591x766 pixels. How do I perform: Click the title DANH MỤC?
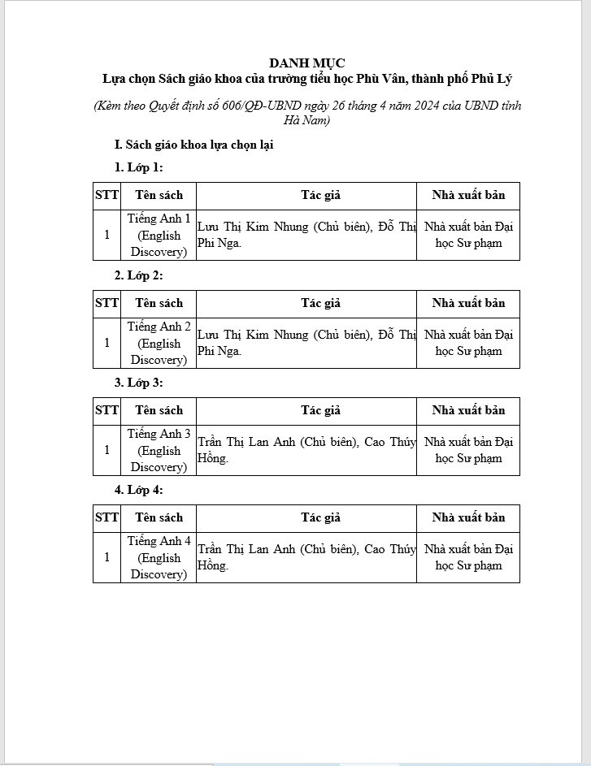[306, 63]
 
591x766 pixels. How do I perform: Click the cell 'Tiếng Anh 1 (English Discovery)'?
[159, 235]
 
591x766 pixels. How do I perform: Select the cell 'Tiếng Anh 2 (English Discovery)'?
[159, 343]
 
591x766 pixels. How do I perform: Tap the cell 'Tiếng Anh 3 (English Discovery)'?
[159, 450]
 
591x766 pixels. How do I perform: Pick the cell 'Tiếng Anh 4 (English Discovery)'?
[159, 557]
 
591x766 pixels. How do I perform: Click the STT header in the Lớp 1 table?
[106, 195]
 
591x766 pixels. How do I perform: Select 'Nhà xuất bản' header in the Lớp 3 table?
[468, 410]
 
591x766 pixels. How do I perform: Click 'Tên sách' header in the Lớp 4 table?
[159, 517]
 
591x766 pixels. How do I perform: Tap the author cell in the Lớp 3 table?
[306, 450]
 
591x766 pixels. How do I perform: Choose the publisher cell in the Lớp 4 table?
[468, 557]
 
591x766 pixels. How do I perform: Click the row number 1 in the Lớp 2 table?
[106, 343]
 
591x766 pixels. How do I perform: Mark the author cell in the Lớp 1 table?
[306, 235]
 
